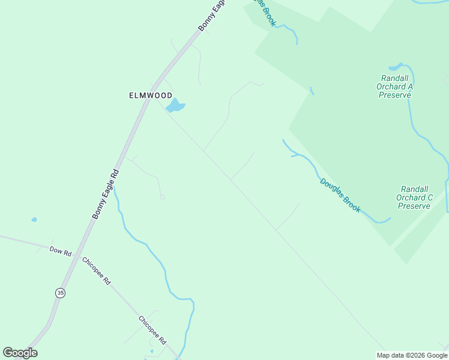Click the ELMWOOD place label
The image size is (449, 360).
[x=151, y=95]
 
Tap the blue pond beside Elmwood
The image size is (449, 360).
[x=175, y=107]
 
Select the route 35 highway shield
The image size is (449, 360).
[x=59, y=293]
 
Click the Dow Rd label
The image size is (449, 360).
[x=61, y=251]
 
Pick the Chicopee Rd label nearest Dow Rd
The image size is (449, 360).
[x=97, y=271]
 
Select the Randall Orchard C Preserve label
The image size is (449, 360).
[x=415, y=197]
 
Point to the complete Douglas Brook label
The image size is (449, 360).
[x=340, y=195]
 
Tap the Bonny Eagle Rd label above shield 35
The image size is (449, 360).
[x=106, y=193]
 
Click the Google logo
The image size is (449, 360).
[x=20, y=353]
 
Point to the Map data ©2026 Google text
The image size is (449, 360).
[x=411, y=355]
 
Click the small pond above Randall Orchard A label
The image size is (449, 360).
[x=396, y=67]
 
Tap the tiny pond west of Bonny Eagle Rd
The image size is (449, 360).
[x=34, y=220]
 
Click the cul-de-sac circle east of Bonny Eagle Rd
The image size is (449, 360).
[x=162, y=197]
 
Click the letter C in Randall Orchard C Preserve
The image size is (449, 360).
[x=430, y=197]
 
